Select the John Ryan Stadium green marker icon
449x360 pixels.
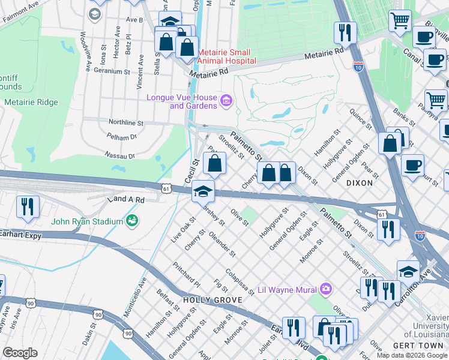[131, 221]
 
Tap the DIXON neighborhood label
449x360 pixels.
[360, 182]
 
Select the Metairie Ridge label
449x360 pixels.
[31, 102]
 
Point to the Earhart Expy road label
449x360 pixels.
[21, 236]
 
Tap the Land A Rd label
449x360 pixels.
[125, 199]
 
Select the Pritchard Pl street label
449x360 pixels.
[186, 274]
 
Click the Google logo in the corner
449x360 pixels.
[20, 353]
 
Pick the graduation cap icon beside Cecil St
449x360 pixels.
[203, 191]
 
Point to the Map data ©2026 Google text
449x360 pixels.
[412, 355]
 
